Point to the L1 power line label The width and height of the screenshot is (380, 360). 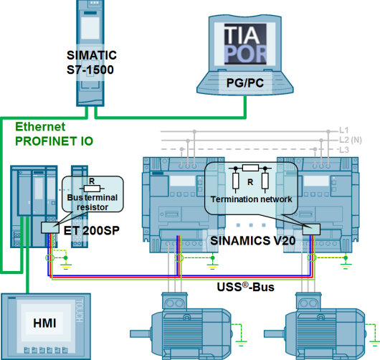point(343,131)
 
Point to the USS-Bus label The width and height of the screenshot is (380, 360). point(243,288)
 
